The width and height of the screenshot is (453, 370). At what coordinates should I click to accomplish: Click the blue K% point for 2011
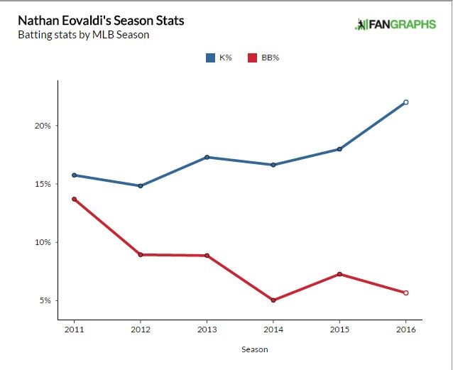(x=74, y=175)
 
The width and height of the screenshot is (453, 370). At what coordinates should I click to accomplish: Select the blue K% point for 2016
(x=406, y=102)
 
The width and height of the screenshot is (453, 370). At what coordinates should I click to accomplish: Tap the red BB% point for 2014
(x=273, y=300)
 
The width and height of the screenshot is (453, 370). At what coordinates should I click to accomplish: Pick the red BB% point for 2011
(x=74, y=199)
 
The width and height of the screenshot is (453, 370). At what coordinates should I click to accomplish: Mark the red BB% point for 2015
(x=339, y=274)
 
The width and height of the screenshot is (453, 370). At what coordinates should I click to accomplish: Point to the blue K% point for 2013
(x=207, y=157)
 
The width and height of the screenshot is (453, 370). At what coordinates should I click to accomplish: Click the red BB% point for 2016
(x=406, y=293)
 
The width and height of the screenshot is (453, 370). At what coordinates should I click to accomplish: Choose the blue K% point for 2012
(x=141, y=186)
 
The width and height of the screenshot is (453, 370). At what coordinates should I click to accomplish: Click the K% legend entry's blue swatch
(x=210, y=58)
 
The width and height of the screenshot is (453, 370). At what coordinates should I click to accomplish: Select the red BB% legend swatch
(x=251, y=58)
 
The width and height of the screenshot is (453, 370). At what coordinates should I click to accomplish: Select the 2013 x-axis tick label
(x=207, y=330)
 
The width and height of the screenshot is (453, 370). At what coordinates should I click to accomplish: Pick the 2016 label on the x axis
(x=406, y=330)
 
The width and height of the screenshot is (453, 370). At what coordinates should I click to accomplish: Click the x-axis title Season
(x=254, y=349)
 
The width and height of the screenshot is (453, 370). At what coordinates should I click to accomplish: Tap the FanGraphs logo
(x=395, y=25)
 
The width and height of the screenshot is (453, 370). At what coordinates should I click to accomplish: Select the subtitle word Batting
(x=33, y=35)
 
